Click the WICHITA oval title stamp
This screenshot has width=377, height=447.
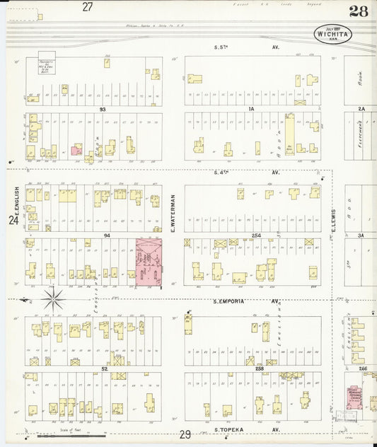click(332, 34)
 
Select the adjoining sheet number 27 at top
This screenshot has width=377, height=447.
click(87, 7)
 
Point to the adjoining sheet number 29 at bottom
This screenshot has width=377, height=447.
click(185, 434)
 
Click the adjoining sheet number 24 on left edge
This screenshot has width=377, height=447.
click(13, 221)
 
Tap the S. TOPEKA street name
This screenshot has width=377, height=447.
click(229, 429)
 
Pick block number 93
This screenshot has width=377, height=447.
click(103, 110)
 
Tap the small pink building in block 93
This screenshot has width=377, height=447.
click(75, 150)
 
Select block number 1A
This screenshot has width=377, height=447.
click(251, 110)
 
